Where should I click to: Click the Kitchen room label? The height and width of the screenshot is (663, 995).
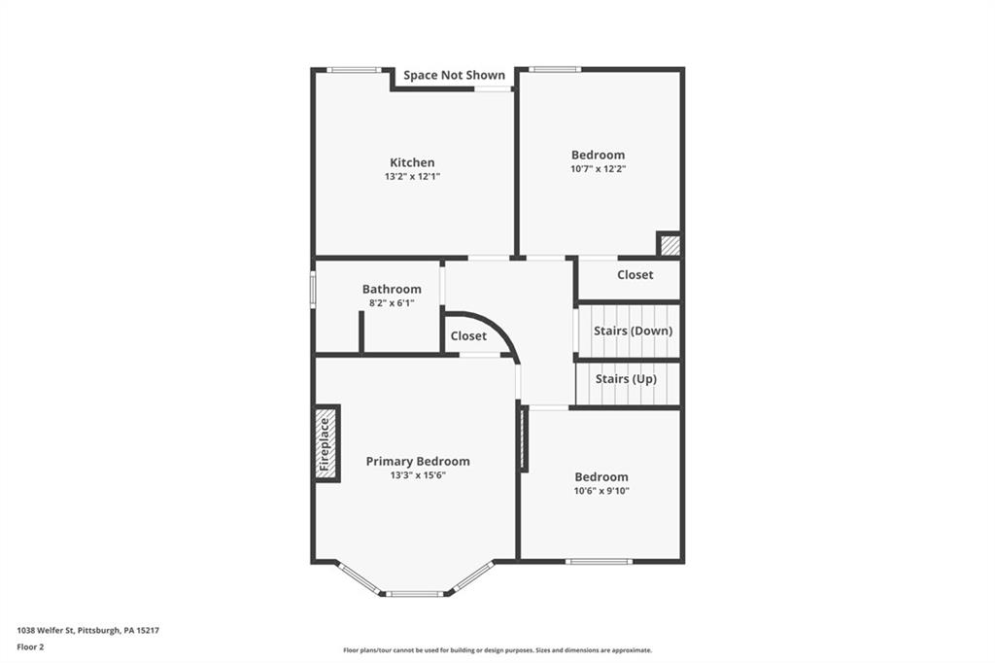tap(412, 162)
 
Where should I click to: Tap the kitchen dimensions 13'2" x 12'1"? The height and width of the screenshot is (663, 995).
tap(412, 177)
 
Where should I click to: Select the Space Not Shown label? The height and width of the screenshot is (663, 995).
tap(454, 75)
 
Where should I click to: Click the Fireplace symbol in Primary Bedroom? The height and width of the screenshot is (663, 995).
tap(326, 443)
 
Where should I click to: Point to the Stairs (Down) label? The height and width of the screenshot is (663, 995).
tap(633, 331)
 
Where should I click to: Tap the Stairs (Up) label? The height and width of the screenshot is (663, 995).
tap(625, 378)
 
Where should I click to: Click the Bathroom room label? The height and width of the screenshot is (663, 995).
tap(392, 289)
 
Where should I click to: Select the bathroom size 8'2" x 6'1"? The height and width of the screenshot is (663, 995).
tap(392, 303)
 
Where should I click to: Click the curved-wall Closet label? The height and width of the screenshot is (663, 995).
tap(468, 335)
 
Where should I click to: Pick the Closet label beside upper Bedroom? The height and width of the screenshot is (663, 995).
tap(635, 275)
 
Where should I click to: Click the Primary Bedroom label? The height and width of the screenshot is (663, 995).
tap(417, 461)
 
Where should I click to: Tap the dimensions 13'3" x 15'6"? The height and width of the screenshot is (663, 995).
tap(417, 475)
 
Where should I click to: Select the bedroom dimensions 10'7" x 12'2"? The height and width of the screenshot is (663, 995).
tap(598, 169)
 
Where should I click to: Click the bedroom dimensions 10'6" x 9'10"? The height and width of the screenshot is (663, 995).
tap(600, 491)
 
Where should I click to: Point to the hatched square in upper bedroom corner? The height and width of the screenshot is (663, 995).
tap(669, 245)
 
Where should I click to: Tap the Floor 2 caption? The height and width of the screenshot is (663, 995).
tap(31, 646)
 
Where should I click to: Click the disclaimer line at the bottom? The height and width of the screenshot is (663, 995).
tap(497, 650)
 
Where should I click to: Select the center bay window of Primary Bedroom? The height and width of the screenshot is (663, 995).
tap(416, 593)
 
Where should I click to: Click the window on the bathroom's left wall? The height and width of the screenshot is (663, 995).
tap(313, 289)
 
